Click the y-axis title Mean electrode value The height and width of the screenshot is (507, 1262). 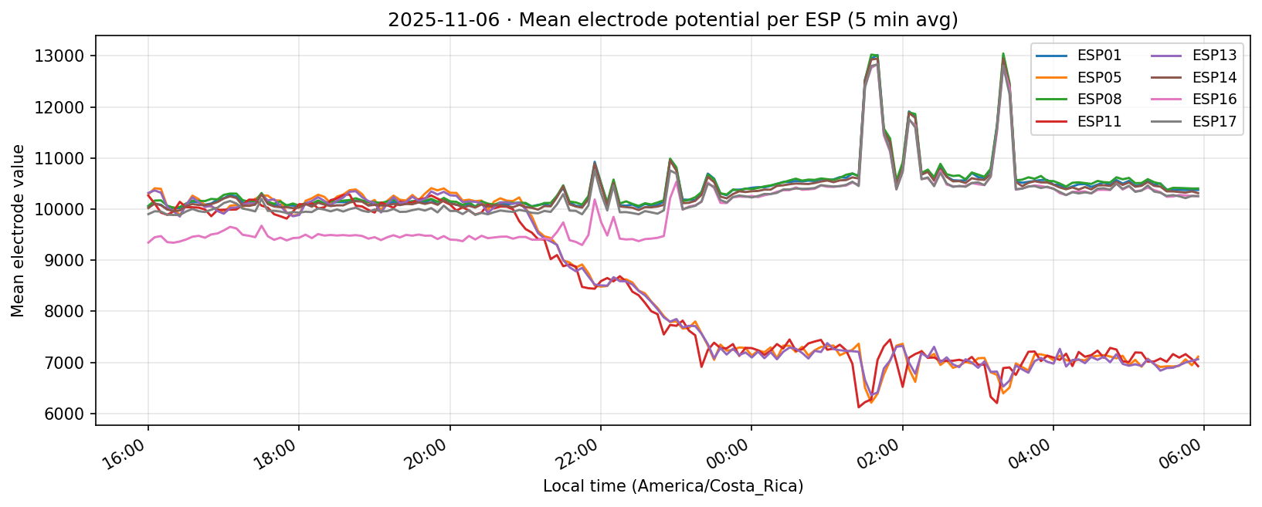click(x=18, y=230)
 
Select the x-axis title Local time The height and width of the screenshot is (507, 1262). click(x=673, y=487)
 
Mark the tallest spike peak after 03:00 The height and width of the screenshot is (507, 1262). click(x=1002, y=54)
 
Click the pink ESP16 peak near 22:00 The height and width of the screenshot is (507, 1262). click(x=595, y=200)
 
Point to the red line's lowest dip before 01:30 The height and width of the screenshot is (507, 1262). click(x=859, y=407)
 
